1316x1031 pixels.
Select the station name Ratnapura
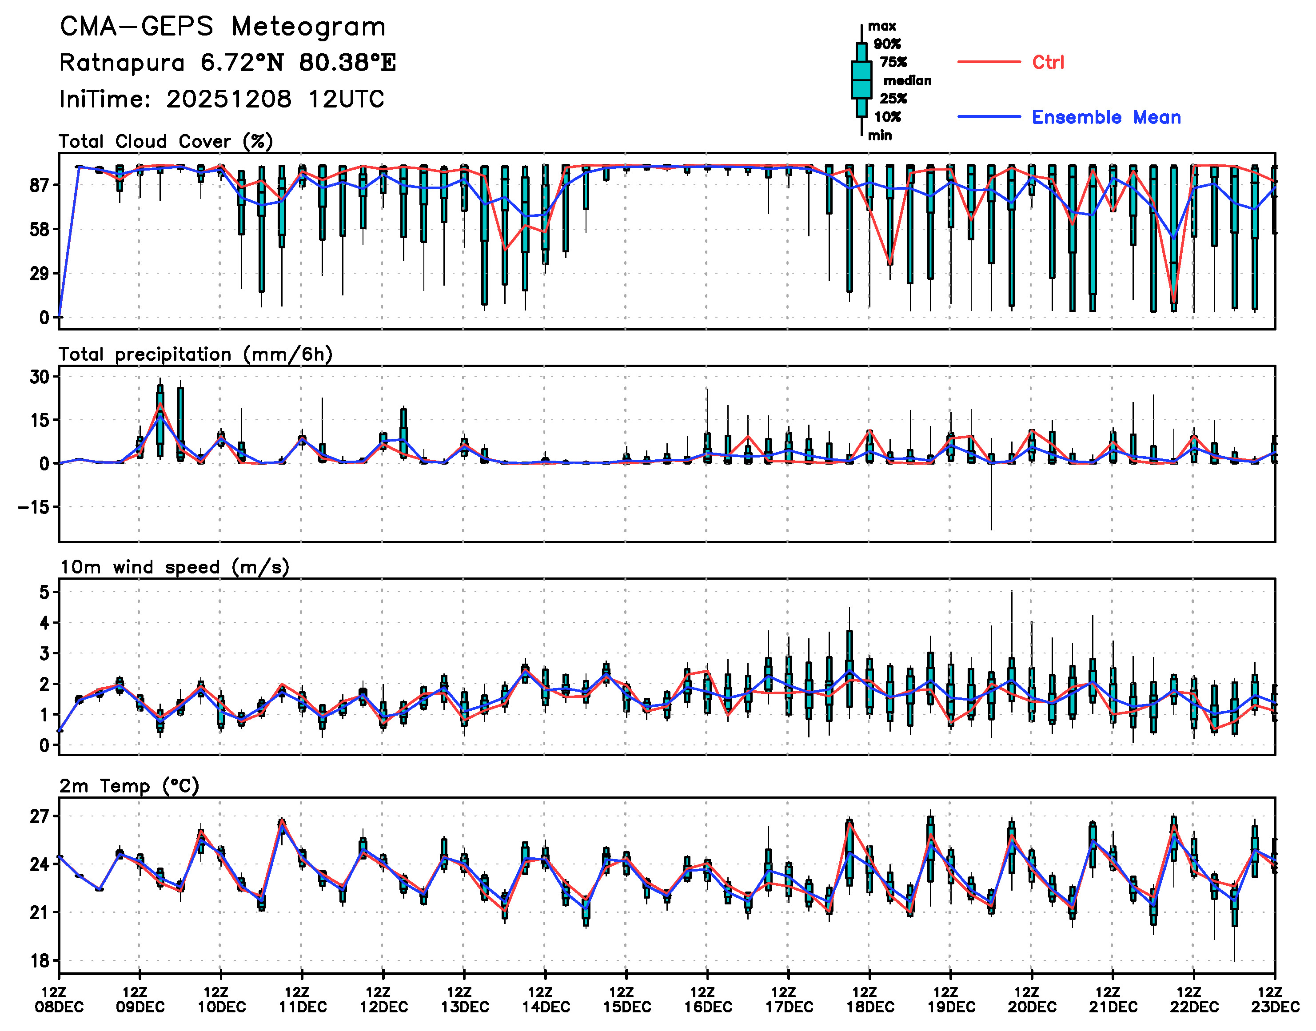pyautogui.click(x=122, y=63)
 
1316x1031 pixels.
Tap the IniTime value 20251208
pyautogui.click(x=229, y=99)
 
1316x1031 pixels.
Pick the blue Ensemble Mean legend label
pyautogui.click(x=1106, y=117)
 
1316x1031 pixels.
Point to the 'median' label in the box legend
pyautogui.click(x=907, y=80)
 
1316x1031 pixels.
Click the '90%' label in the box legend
pyautogui.click(x=887, y=44)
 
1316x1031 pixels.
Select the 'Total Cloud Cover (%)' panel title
pyautogui.click(x=166, y=141)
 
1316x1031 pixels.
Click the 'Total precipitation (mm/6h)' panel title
pyautogui.click(x=195, y=354)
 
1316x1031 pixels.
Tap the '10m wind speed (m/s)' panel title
pyautogui.click(x=175, y=567)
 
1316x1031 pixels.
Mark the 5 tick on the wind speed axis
pyautogui.click(x=45, y=592)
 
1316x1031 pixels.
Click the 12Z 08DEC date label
pyautogui.click(x=59, y=999)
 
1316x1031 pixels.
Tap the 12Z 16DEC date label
pyautogui.click(x=707, y=999)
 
